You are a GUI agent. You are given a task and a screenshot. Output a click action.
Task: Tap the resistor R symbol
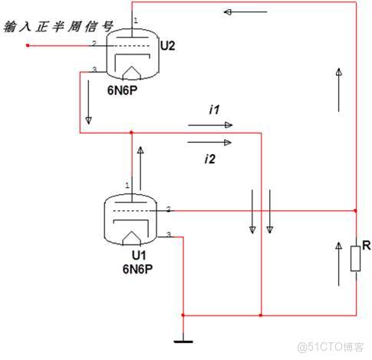coord(355,258)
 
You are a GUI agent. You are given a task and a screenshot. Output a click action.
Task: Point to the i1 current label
coord(215,110)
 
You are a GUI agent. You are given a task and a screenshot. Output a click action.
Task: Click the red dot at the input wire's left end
coord(28,46)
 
